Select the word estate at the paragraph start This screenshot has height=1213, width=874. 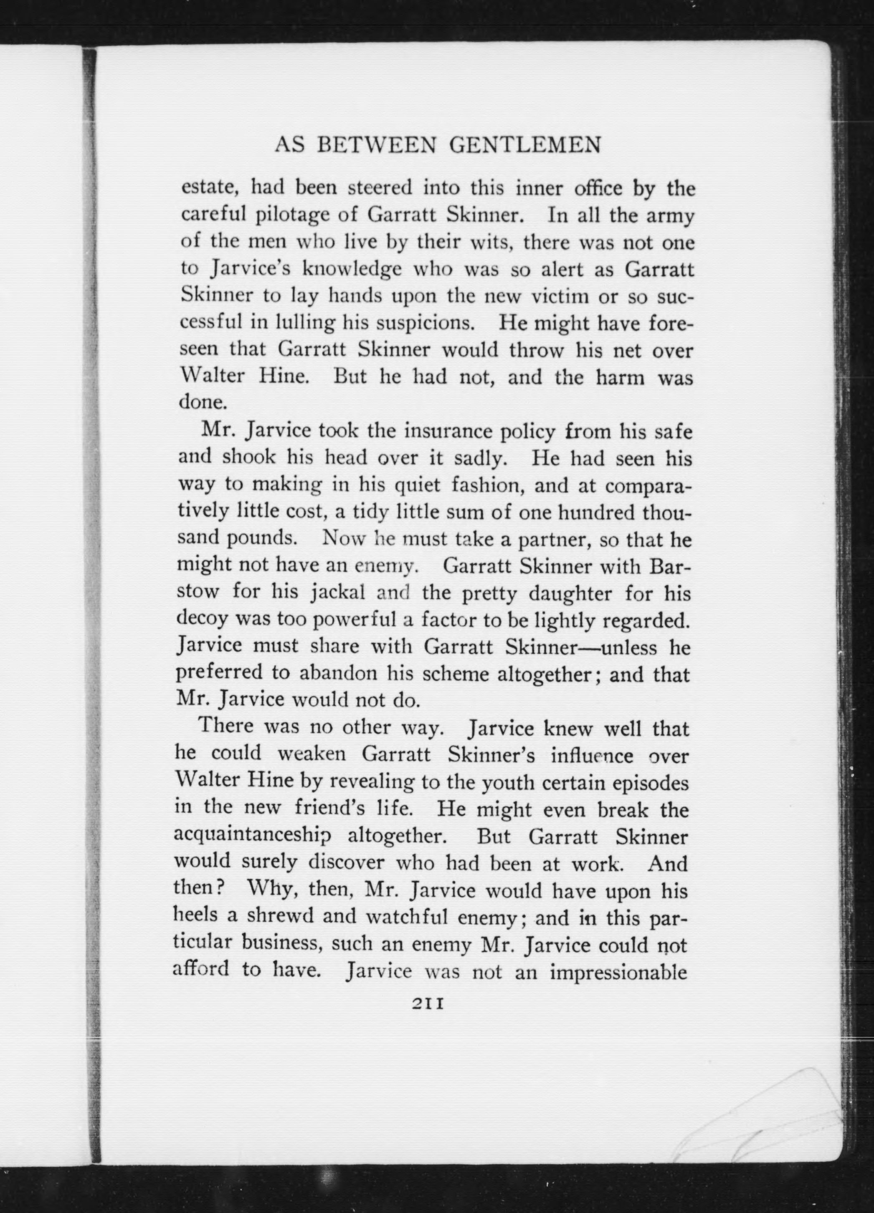coord(207,188)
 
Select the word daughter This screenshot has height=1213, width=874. coord(572,594)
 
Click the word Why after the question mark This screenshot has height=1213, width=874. coord(269,890)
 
